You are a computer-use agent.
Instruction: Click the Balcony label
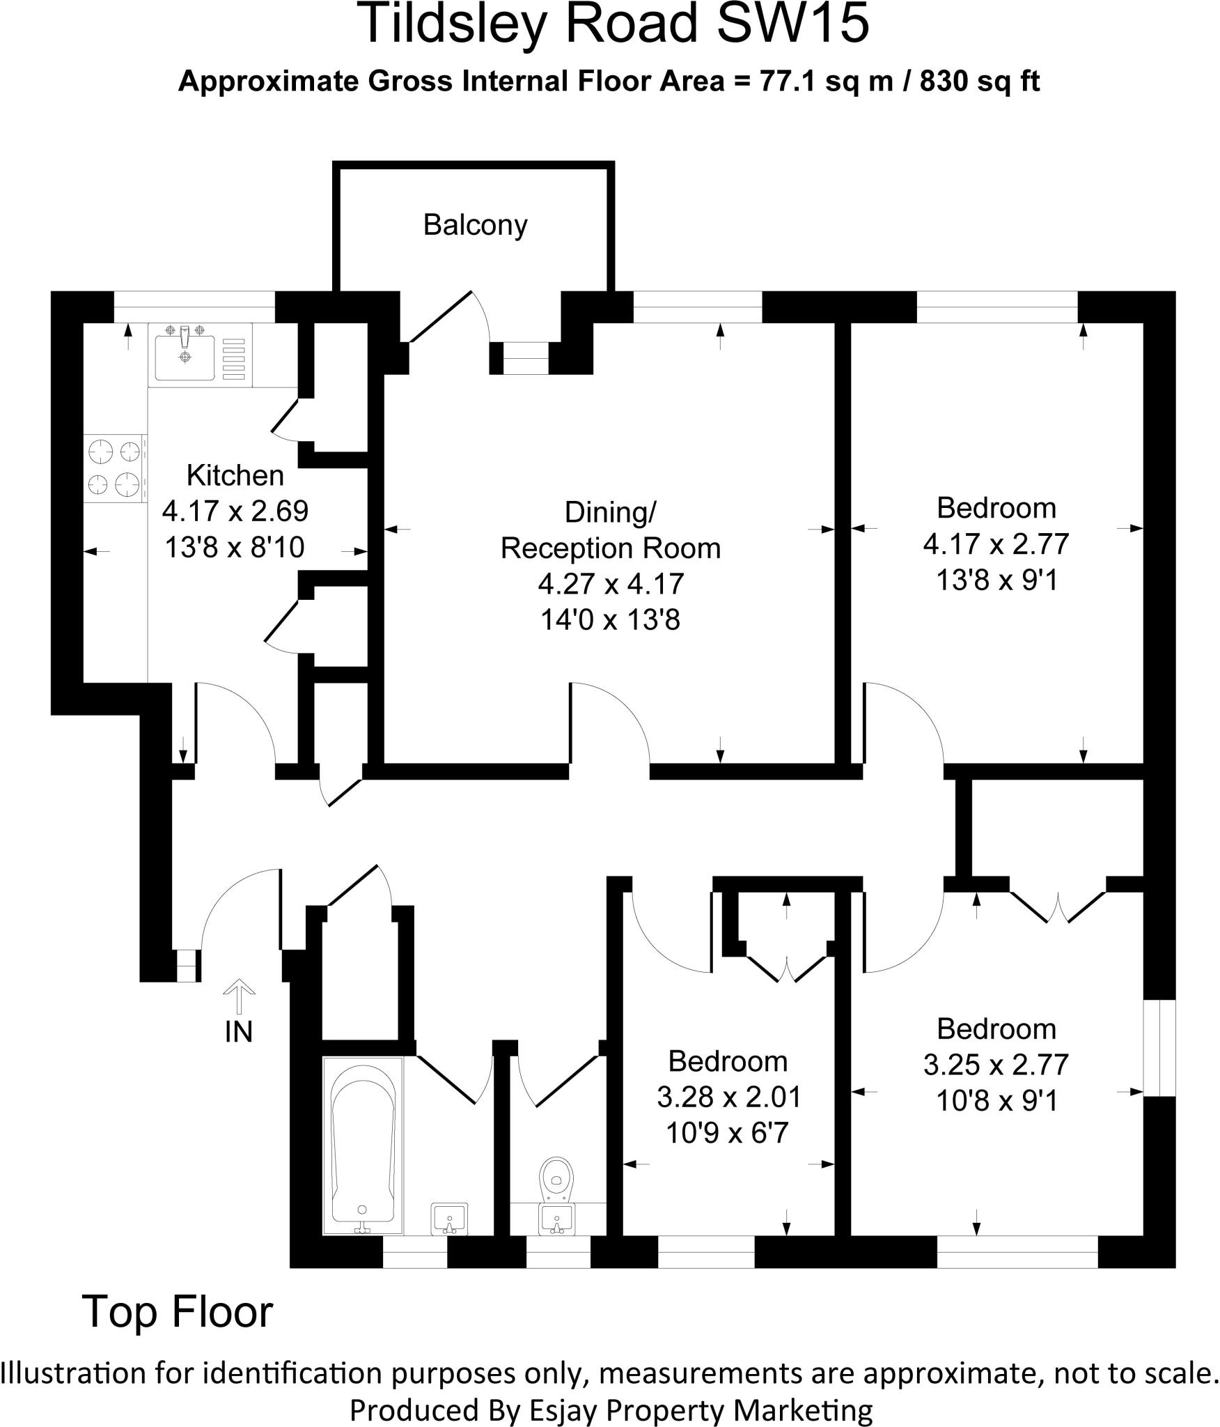[x=475, y=225]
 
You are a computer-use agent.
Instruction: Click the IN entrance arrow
[x=238, y=996]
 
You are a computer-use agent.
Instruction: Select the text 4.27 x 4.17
[x=610, y=583]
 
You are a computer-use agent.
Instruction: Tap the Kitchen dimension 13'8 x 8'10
[x=235, y=547]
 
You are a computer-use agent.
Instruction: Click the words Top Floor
[x=178, y=1312]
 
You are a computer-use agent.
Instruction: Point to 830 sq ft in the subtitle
[x=980, y=82]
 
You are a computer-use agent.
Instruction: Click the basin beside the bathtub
[x=449, y=1218]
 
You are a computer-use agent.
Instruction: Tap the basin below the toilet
[x=556, y=1218]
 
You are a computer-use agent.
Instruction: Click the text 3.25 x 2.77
[x=996, y=1065]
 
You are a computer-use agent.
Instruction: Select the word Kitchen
[x=235, y=475]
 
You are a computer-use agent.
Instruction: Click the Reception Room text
[x=610, y=548]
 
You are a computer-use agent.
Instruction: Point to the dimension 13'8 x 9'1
[x=996, y=580]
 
